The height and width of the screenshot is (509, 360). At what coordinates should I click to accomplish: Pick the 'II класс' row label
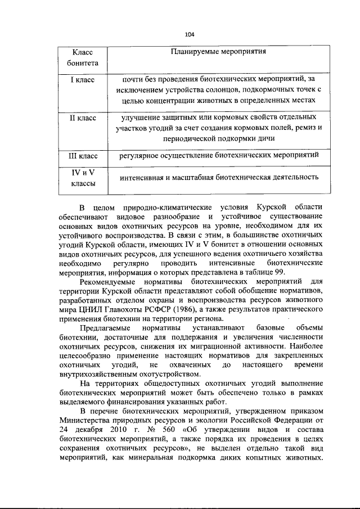(x=83, y=118)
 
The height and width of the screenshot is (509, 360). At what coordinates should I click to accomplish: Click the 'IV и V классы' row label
(x=83, y=178)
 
